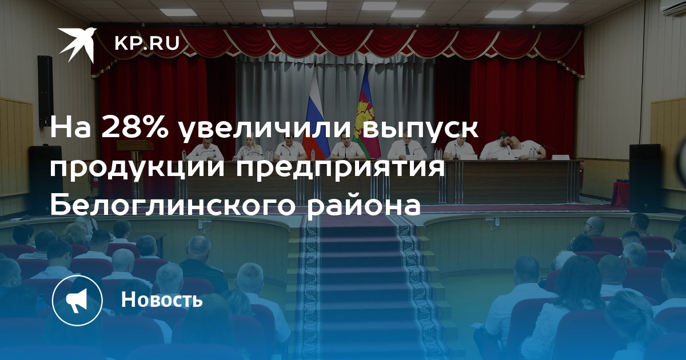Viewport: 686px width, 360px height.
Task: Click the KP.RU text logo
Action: pos(147,43)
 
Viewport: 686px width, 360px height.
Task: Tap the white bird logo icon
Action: pos(77,45)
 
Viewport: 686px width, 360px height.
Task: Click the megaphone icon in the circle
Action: pos(77,301)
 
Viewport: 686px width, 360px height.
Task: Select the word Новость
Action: pos(162,299)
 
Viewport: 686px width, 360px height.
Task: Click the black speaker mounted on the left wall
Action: pos(45,91)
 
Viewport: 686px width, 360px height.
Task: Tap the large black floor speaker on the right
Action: pos(645,178)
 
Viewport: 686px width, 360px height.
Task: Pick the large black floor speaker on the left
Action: pos(45,179)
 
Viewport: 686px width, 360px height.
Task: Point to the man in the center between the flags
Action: pos(345,147)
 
